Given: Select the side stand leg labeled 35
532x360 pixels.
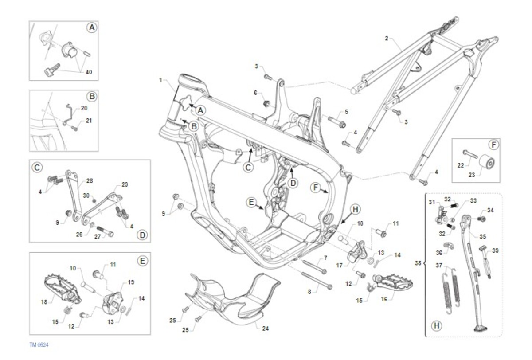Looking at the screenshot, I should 470,266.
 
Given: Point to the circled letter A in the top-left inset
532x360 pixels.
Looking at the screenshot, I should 91,28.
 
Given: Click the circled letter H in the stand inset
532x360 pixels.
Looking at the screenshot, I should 437,326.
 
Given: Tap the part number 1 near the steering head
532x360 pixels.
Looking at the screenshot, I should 160,80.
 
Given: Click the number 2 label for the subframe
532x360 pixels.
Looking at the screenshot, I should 386,39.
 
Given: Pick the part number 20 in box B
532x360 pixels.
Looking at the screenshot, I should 84,108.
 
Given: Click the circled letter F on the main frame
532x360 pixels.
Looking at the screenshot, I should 316,188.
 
